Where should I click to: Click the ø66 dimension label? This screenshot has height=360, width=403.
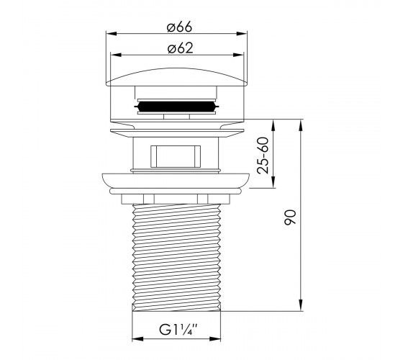click(x=179, y=27)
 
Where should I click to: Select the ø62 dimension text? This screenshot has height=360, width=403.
click(x=180, y=48)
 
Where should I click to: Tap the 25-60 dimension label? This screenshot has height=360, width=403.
click(x=263, y=156)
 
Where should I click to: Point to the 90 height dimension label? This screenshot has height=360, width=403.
click(x=290, y=217)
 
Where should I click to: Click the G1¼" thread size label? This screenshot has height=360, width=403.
click(x=178, y=330)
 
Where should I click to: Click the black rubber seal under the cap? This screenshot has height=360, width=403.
click(x=176, y=106)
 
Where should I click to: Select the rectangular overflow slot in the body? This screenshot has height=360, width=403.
click(x=176, y=157)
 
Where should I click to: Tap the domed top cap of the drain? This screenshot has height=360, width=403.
click(x=176, y=77)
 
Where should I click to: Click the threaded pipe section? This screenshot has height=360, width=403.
click(x=176, y=258)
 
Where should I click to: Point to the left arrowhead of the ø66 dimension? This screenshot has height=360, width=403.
click(x=112, y=34)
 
